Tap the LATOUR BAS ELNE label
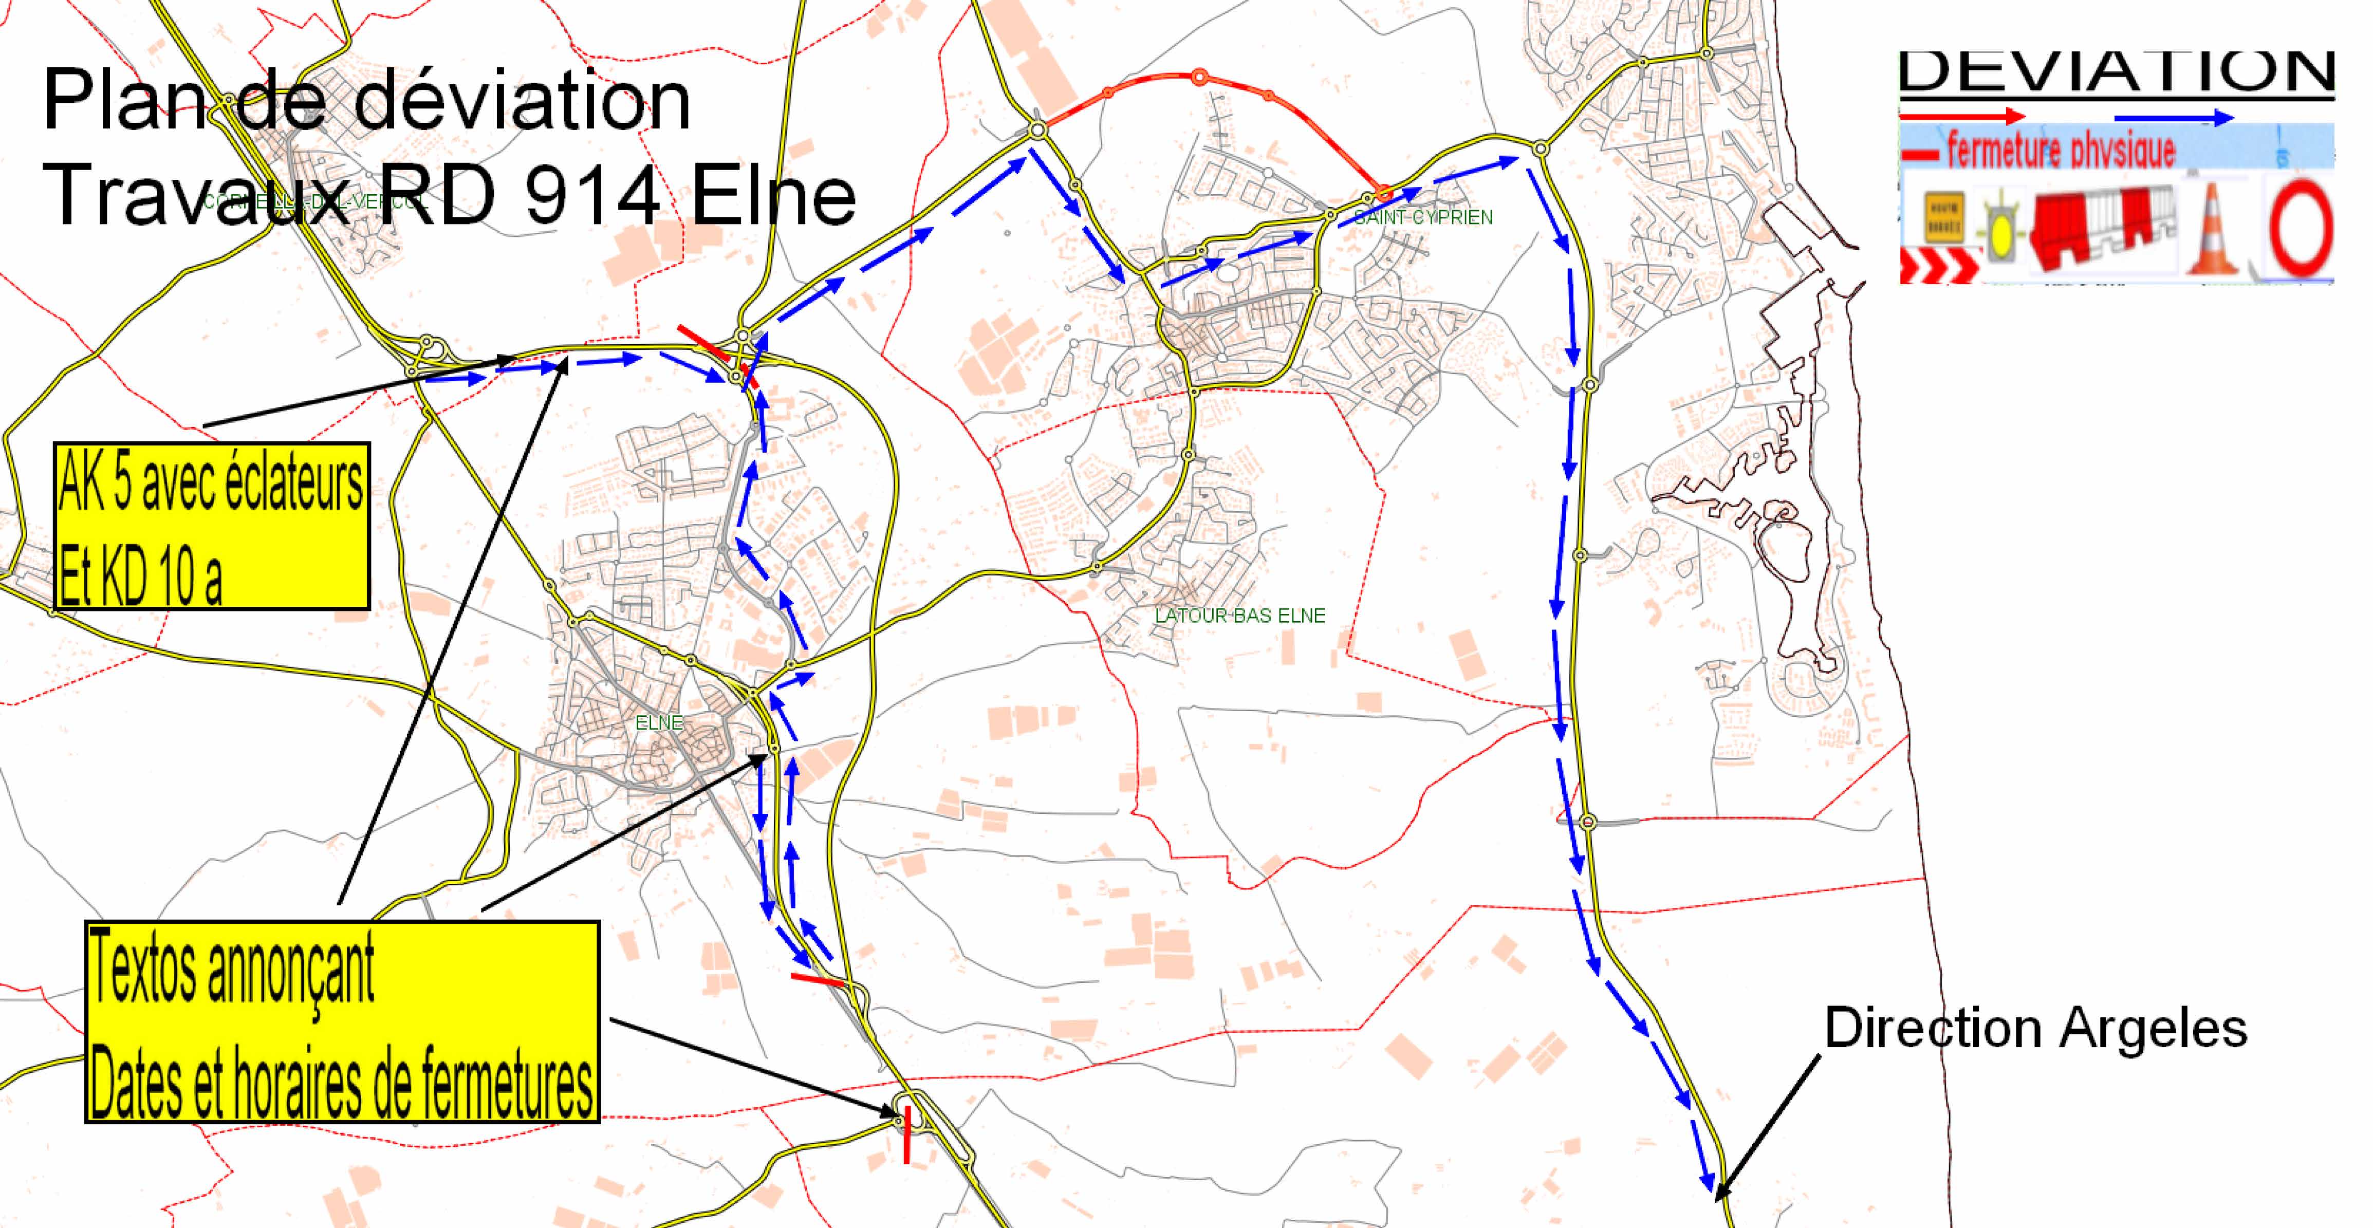click(1240, 616)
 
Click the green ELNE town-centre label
click(660, 723)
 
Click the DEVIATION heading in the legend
click(2117, 72)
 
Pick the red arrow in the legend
click(1962, 116)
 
